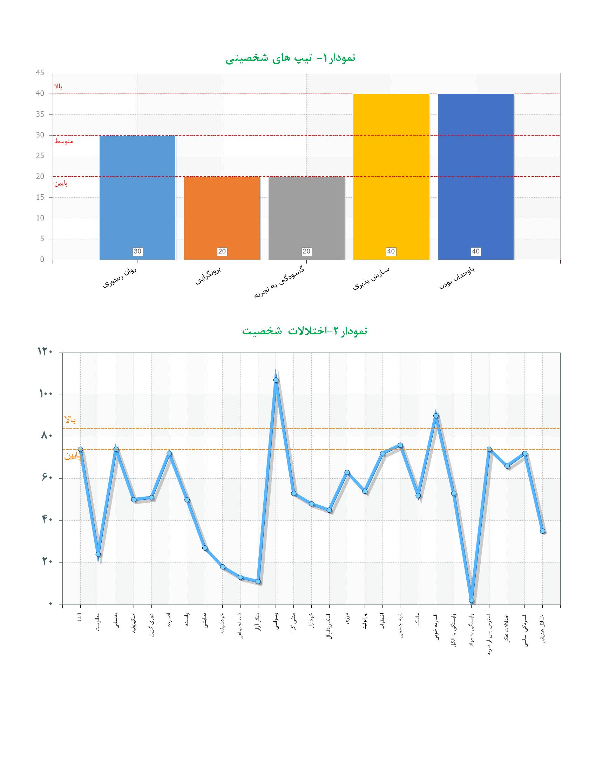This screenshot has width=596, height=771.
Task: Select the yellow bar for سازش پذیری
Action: click(391, 177)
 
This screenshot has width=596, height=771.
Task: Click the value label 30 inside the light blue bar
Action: click(137, 251)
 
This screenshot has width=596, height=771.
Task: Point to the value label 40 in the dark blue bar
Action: click(476, 251)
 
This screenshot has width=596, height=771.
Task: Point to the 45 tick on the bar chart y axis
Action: click(40, 73)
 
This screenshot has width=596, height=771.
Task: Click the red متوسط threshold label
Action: click(63, 142)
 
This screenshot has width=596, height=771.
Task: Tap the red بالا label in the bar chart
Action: click(58, 86)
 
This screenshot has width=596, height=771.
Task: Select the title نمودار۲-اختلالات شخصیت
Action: click(304, 331)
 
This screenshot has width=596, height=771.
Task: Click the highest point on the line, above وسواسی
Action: click(276, 380)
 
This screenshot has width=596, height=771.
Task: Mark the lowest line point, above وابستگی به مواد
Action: click(471, 600)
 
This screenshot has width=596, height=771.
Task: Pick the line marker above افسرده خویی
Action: click(436, 416)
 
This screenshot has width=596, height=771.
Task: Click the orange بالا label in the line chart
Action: click(70, 420)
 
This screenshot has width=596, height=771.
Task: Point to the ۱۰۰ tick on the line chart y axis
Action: click(45, 394)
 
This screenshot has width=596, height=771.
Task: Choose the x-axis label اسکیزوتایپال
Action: click(330, 624)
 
